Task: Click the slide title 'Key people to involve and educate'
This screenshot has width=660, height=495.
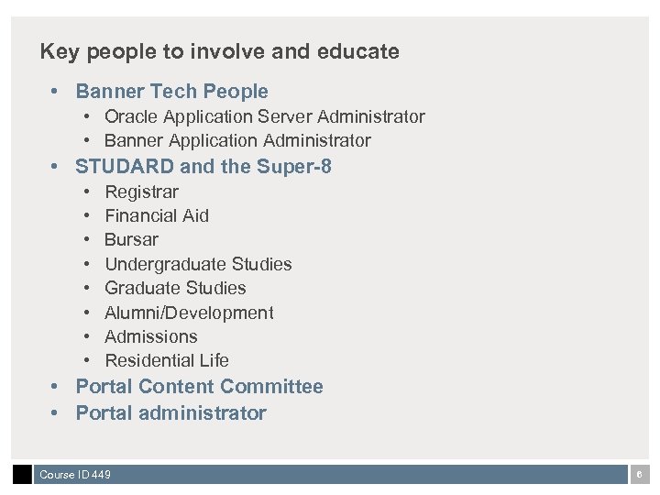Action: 219,51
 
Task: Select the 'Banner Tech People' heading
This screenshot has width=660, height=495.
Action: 171,92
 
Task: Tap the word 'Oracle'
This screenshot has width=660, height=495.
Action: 131,117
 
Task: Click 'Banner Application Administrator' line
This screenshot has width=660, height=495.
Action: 237,141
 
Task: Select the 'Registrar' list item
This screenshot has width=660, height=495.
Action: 141,192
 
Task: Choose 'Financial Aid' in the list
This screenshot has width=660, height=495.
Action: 157,216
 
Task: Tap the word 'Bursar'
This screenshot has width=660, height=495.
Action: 131,240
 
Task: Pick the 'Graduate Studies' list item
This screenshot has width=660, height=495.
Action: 175,289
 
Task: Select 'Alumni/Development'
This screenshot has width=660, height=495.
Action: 189,313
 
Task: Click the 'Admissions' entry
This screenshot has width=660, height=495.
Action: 151,337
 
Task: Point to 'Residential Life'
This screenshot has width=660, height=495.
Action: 167,361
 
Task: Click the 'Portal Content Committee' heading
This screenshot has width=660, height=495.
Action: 199,387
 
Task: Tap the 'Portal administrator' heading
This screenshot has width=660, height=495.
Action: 170,413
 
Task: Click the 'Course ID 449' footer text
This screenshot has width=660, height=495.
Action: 75,475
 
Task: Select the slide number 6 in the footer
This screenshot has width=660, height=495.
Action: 640,475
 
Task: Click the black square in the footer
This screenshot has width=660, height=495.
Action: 22,475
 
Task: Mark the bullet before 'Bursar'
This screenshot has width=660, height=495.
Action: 84,240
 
